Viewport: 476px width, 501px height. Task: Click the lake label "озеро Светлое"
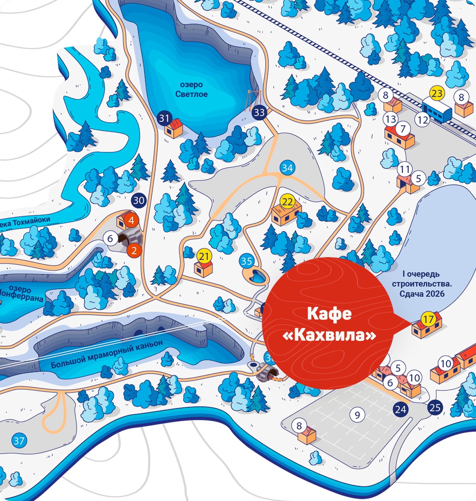pyautogui.click(x=191, y=89)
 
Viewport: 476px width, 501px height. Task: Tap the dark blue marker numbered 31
pyautogui.click(x=164, y=118)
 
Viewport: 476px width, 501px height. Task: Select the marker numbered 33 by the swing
pyautogui.click(x=259, y=112)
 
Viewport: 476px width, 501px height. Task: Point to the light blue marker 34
pyautogui.click(x=287, y=168)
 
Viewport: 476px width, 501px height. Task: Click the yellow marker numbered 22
pyautogui.click(x=287, y=202)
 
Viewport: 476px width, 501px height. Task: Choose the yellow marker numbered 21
pyautogui.click(x=204, y=256)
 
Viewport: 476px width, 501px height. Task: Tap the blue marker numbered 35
pyautogui.click(x=246, y=261)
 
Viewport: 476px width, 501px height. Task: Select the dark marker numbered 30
pyautogui.click(x=139, y=200)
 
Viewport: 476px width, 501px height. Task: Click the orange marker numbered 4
pyautogui.click(x=131, y=220)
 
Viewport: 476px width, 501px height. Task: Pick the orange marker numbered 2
pyautogui.click(x=134, y=251)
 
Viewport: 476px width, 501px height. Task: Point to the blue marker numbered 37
pyautogui.click(x=19, y=441)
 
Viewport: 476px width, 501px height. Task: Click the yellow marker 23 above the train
pyautogui.click(x=437, y=93)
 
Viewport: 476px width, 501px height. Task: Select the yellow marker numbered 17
pyautogui.click(x=428, y=319)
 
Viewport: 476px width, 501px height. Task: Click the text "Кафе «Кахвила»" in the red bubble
pyautogui.click(x=329, y=324)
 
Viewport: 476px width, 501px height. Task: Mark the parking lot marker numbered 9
pyautogui.click(x=357, y=415)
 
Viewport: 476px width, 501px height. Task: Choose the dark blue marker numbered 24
pyautogui.click(x=401, y=409)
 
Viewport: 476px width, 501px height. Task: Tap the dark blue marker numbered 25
pyautogui.click(x=435, y=408)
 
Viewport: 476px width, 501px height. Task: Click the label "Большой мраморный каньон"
pyautogui.click(x=107, y=354)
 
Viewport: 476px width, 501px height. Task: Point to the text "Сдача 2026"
pyautogui.click(x=422, y=294)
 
